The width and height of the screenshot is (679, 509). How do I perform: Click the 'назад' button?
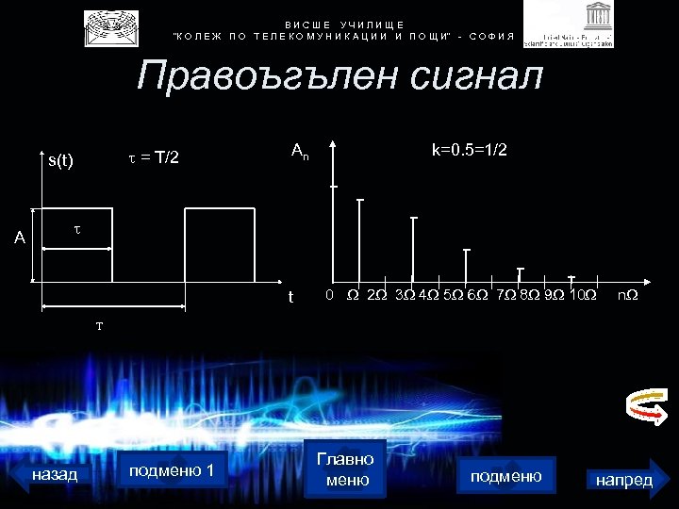55,474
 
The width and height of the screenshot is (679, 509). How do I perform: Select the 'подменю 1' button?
172,470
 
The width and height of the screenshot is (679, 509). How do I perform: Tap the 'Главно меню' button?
345,468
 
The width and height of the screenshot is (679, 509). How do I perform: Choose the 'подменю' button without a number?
505,476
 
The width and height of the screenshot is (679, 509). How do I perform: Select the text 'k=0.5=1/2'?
470,151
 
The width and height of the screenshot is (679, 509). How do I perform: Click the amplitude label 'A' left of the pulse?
20,238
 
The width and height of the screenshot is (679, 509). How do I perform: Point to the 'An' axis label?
300,151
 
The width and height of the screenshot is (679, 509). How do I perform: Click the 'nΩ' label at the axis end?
627,296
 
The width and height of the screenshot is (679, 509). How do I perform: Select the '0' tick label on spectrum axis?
328,296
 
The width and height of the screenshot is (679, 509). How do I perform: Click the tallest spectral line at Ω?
360,240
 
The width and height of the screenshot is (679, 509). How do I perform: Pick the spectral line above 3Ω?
413,249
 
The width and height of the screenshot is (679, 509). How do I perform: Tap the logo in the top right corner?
569,25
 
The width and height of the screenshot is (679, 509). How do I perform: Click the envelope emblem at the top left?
111,28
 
